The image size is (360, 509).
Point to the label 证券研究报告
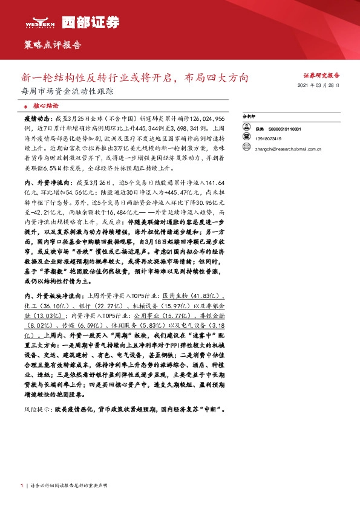pyautogui.click(x=321, y=76)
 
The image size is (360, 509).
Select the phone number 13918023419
pyautogui.click(x=268, y=138)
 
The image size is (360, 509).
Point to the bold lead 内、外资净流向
pyautogui.click(x=45, y=183)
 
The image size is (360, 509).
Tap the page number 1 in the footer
pyautogui.click(x=22, y=487)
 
